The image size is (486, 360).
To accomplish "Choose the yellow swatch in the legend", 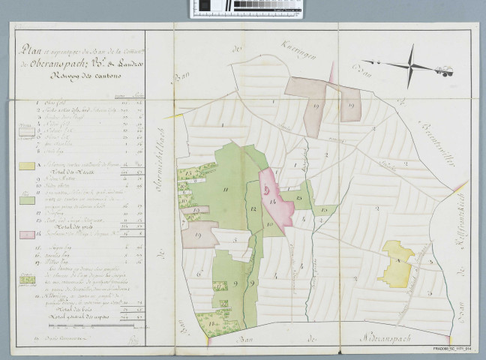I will [x=25, y=166].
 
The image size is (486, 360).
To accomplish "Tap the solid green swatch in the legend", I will [x=25, y=200].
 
